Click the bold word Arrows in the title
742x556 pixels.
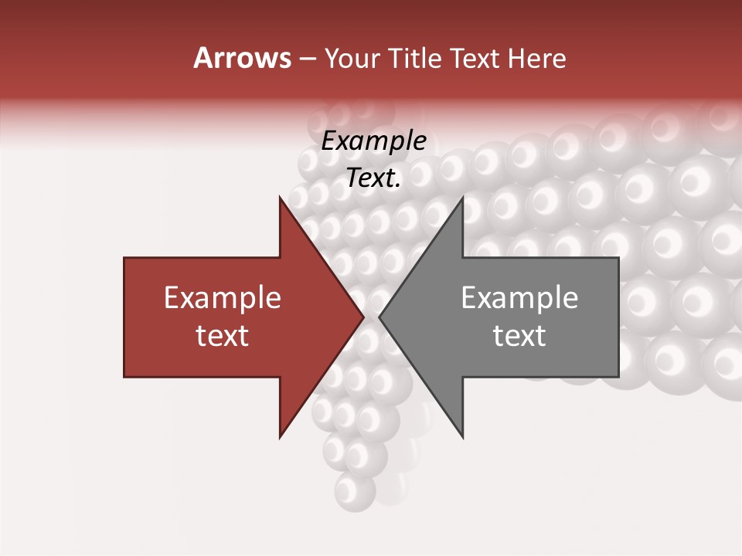tap(242, 58)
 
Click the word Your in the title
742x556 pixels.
tap(351, 59)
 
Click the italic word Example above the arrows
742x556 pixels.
tap(374, 141)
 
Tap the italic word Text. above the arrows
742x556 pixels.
tap(374, 178)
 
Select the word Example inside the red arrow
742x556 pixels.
tap(223, 298)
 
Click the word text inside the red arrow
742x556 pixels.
tap(223, 336)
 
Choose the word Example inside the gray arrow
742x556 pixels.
tap(519, 298)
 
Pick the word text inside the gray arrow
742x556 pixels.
tap(519, 336)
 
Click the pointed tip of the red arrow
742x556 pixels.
tap(363, 317)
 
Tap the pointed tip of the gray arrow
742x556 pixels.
tap(380, 317)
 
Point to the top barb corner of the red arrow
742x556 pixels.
tap(280, 196)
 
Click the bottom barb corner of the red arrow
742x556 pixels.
tap(280, 438)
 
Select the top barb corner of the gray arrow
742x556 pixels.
tap(462, 196)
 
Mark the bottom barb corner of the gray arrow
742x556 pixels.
tap(462, 438)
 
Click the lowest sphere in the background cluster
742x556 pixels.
tap(355, 490)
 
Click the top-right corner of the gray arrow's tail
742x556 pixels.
tap(618, 258)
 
